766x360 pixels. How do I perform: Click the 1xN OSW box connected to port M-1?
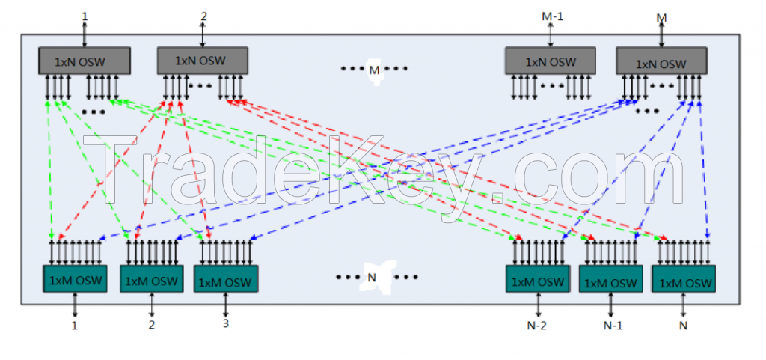click(x=551, y=61)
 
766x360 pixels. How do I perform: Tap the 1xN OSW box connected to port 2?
click(x=202, y=61)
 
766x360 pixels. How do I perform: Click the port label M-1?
click(x=551, y=16)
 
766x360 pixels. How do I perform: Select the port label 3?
click(x=226, y=323)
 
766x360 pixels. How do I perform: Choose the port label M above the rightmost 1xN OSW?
click(x=661, y=17)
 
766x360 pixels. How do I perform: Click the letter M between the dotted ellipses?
click(x=374, y=70)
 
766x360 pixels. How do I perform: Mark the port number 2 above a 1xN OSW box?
click(x=203, y=16)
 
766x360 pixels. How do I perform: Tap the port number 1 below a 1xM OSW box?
click(x=75, y=325)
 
